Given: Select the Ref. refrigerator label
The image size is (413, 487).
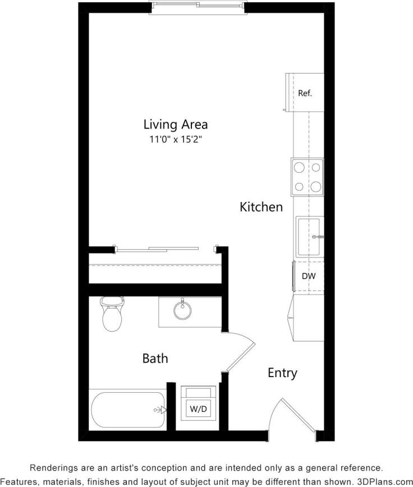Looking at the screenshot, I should (x=305, y=93).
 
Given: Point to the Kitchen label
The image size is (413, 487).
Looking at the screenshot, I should (x=261, y=207).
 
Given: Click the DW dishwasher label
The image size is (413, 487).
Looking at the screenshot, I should (x=308, y=276).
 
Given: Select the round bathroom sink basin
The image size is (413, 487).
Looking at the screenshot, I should (x=181, y=310).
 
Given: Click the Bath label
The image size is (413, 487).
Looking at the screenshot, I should (x=155, y=358).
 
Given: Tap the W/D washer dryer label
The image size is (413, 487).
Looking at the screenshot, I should (x=199, y=409).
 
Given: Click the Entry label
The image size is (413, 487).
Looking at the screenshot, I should (x=282, y=373).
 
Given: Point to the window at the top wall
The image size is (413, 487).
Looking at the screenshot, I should (x=198, y=6).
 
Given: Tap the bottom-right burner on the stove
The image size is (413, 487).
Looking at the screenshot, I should (x=316, y=187).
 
